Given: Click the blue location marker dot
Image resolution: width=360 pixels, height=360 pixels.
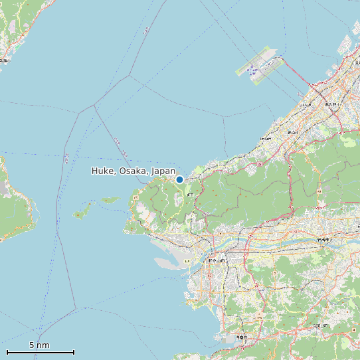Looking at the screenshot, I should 179,179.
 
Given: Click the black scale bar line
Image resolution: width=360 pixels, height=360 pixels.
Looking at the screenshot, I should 40,352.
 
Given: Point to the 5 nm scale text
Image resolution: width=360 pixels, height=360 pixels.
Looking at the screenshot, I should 39,345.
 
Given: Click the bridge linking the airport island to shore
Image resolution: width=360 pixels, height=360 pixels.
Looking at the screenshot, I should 296,71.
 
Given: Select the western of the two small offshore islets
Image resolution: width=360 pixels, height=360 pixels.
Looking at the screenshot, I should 82,213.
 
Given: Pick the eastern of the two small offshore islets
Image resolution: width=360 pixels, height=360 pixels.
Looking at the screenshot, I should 110,199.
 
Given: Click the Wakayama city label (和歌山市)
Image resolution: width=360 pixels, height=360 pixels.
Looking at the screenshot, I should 217,260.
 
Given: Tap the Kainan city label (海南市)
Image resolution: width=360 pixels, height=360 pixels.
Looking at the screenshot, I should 241,337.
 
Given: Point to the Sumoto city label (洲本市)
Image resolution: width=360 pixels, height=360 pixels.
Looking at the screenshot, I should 5,60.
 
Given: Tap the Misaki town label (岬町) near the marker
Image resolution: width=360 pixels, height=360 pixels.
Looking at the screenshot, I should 191,193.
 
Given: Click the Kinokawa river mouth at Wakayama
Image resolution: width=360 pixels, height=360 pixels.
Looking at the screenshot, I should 193,249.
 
